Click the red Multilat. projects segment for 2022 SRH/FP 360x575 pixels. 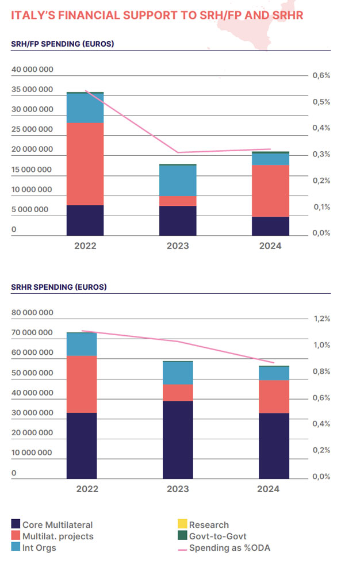pos(85,164)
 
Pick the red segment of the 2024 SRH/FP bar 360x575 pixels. pos(270,191)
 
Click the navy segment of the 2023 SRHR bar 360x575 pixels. pos(178,439)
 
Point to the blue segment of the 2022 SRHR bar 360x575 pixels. pos(82,344)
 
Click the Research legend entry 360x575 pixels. pos(208,524)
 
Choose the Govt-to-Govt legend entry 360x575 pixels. pos(217,536)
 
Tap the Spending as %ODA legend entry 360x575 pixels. pos(229,547)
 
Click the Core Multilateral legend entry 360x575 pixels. pos(57,524)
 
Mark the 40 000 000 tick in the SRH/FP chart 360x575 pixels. pos(32,70)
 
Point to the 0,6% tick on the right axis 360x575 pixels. pos(321,75)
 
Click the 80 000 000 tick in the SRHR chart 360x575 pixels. pos(32,313)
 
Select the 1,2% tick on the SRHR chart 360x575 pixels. pos(321,319)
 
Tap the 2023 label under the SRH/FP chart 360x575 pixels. pos(178,246)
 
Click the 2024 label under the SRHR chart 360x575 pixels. pos(268,489)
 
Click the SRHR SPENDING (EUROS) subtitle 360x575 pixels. pos(59,286)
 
